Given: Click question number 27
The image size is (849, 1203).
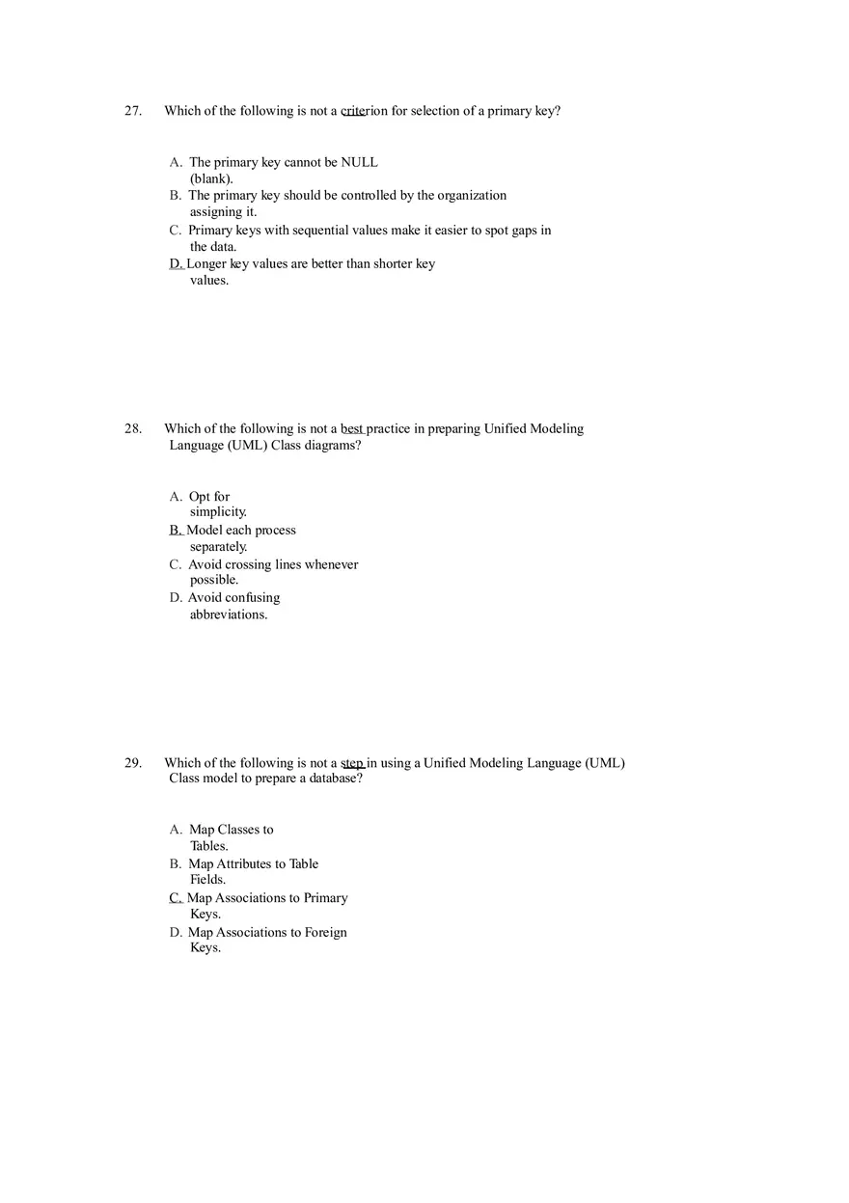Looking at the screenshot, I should pyautogui.click(x=132, y=111).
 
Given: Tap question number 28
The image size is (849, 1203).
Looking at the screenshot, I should pyautogui.click(x=132, y=429).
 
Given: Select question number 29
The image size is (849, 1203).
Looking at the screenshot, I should pyautogui.click(x=132, y=763).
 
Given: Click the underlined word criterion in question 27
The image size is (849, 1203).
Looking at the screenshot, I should pyautogui.click(x=364, y=111).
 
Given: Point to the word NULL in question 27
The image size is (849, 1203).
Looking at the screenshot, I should pyautogui.click(x=360, y=162).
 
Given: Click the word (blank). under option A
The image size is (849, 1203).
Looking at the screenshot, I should pyautogui.click(x=211, y=178).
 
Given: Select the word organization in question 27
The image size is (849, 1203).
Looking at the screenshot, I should pyautogui.click(x=472, y=196).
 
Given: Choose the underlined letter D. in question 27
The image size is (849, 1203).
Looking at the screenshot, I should pyautogui.click(x=176, y=264).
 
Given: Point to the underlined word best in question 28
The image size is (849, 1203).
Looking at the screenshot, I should pyautogui.click(x=352, y=429).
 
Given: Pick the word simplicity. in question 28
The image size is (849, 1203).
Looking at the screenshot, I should pyautogui.click(x=218, y=512).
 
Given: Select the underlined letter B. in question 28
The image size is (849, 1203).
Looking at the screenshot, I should pyautogui.click(x=176, y=531).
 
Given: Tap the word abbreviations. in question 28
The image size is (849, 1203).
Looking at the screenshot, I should pyautogui.click(x=229, y=615).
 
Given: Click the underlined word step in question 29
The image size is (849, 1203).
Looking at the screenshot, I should pyautogui.click(x=352, y=763).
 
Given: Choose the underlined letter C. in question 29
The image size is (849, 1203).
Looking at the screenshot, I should pyautogui.click(x=176, y=898).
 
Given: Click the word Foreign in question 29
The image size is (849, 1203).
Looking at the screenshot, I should pyautogui.click(x=325, y=933).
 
